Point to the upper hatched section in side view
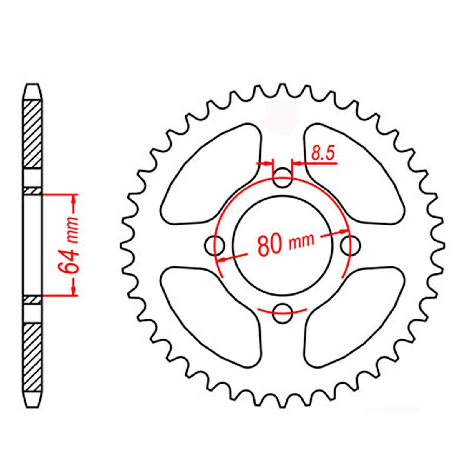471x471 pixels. [32, 134]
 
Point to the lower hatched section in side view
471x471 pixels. [32, 356]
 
